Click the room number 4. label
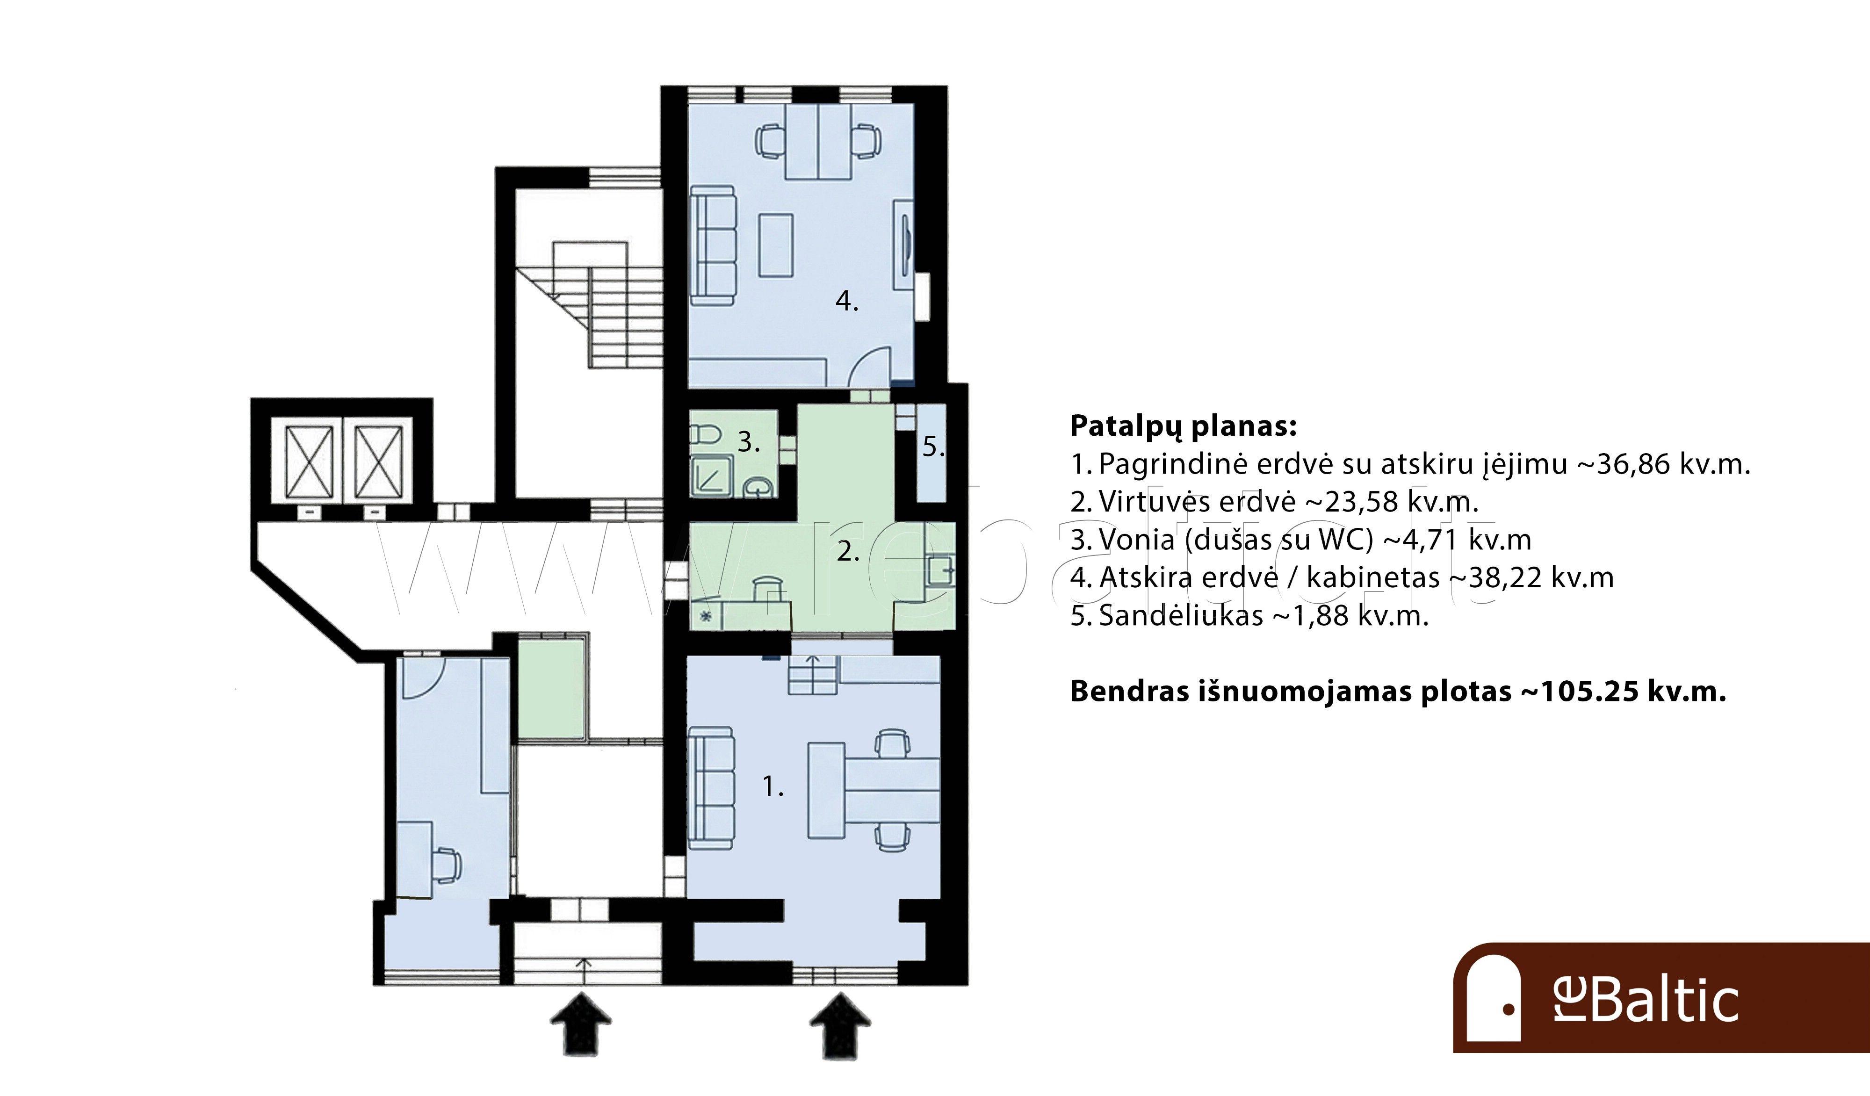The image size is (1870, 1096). (847, 301)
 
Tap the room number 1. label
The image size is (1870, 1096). (773, 786)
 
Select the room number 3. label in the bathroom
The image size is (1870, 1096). (749, 442)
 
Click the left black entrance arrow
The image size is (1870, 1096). (581, 1025)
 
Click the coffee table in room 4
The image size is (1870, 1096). (775, 245)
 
